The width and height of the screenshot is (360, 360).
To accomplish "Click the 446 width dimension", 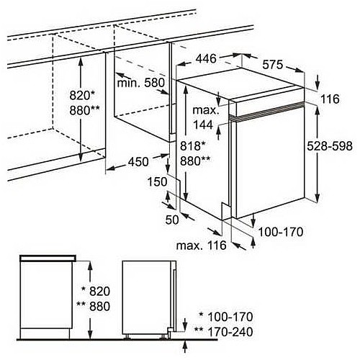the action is click(206, 58).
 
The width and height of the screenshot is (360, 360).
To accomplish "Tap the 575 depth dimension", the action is click(273, 65).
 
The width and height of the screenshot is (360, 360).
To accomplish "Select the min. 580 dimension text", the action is click(141, 83).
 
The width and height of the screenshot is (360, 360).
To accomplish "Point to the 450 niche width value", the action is click(138, 162).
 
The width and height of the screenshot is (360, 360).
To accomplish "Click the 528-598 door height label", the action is click(330, 146).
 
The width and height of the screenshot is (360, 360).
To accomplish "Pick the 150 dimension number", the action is click(157, 181).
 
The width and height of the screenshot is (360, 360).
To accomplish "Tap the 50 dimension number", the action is click(172, 220).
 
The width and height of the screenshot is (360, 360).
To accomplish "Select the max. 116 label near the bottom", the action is click(202, 246).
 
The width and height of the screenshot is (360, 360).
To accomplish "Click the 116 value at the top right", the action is click(330, 99).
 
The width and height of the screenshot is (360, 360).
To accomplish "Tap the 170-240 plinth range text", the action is click(230, 332).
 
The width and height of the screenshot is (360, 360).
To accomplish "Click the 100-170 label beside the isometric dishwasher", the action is click(281, 232).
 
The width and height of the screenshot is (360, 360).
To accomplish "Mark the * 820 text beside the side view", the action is click(96, 291).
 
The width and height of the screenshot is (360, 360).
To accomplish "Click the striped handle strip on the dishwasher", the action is click(266, 110).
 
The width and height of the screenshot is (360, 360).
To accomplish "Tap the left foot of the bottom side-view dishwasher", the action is click(127, 337).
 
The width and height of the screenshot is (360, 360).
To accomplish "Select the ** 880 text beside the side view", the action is click(93, 306).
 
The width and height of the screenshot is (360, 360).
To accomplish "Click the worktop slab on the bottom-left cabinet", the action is click(48, 258).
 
